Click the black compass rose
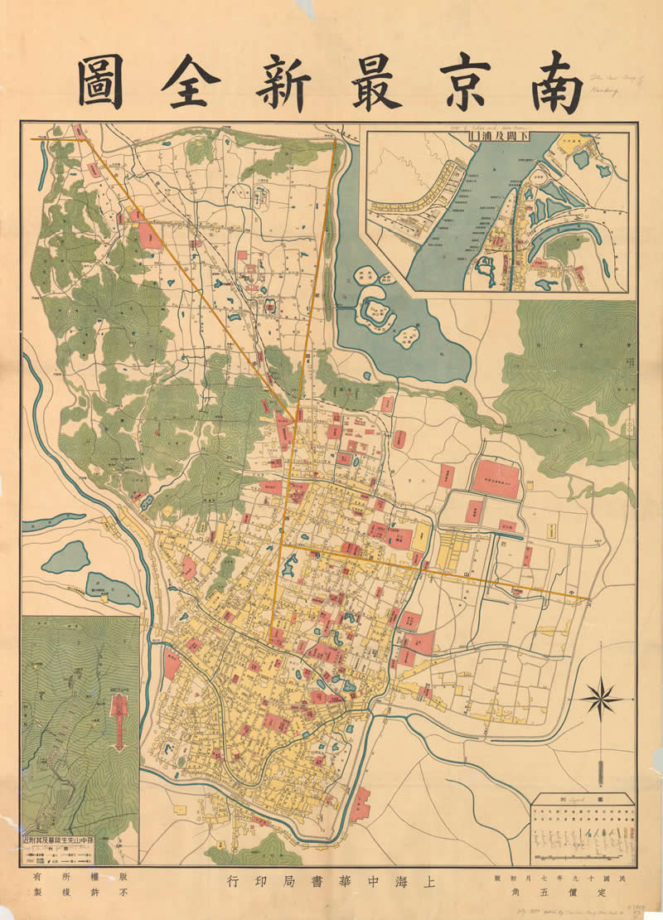tap(601, 699)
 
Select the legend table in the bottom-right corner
tap(583, 828)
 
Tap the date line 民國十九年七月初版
tap(566, 876)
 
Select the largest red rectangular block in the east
tap(496, 479)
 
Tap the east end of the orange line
tap(589, 598)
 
